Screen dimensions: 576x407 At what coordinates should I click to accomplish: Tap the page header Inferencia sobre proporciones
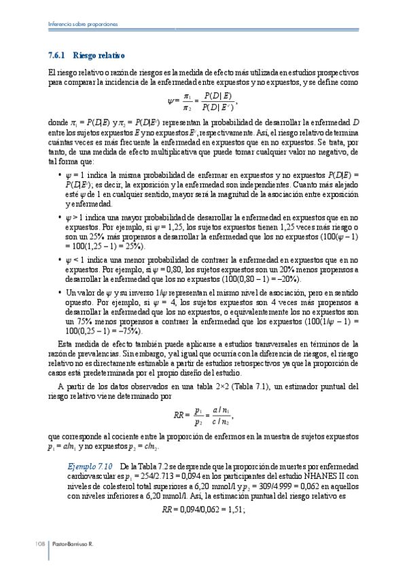(84, 24)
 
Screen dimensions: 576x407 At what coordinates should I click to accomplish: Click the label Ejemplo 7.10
(90, 467)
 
